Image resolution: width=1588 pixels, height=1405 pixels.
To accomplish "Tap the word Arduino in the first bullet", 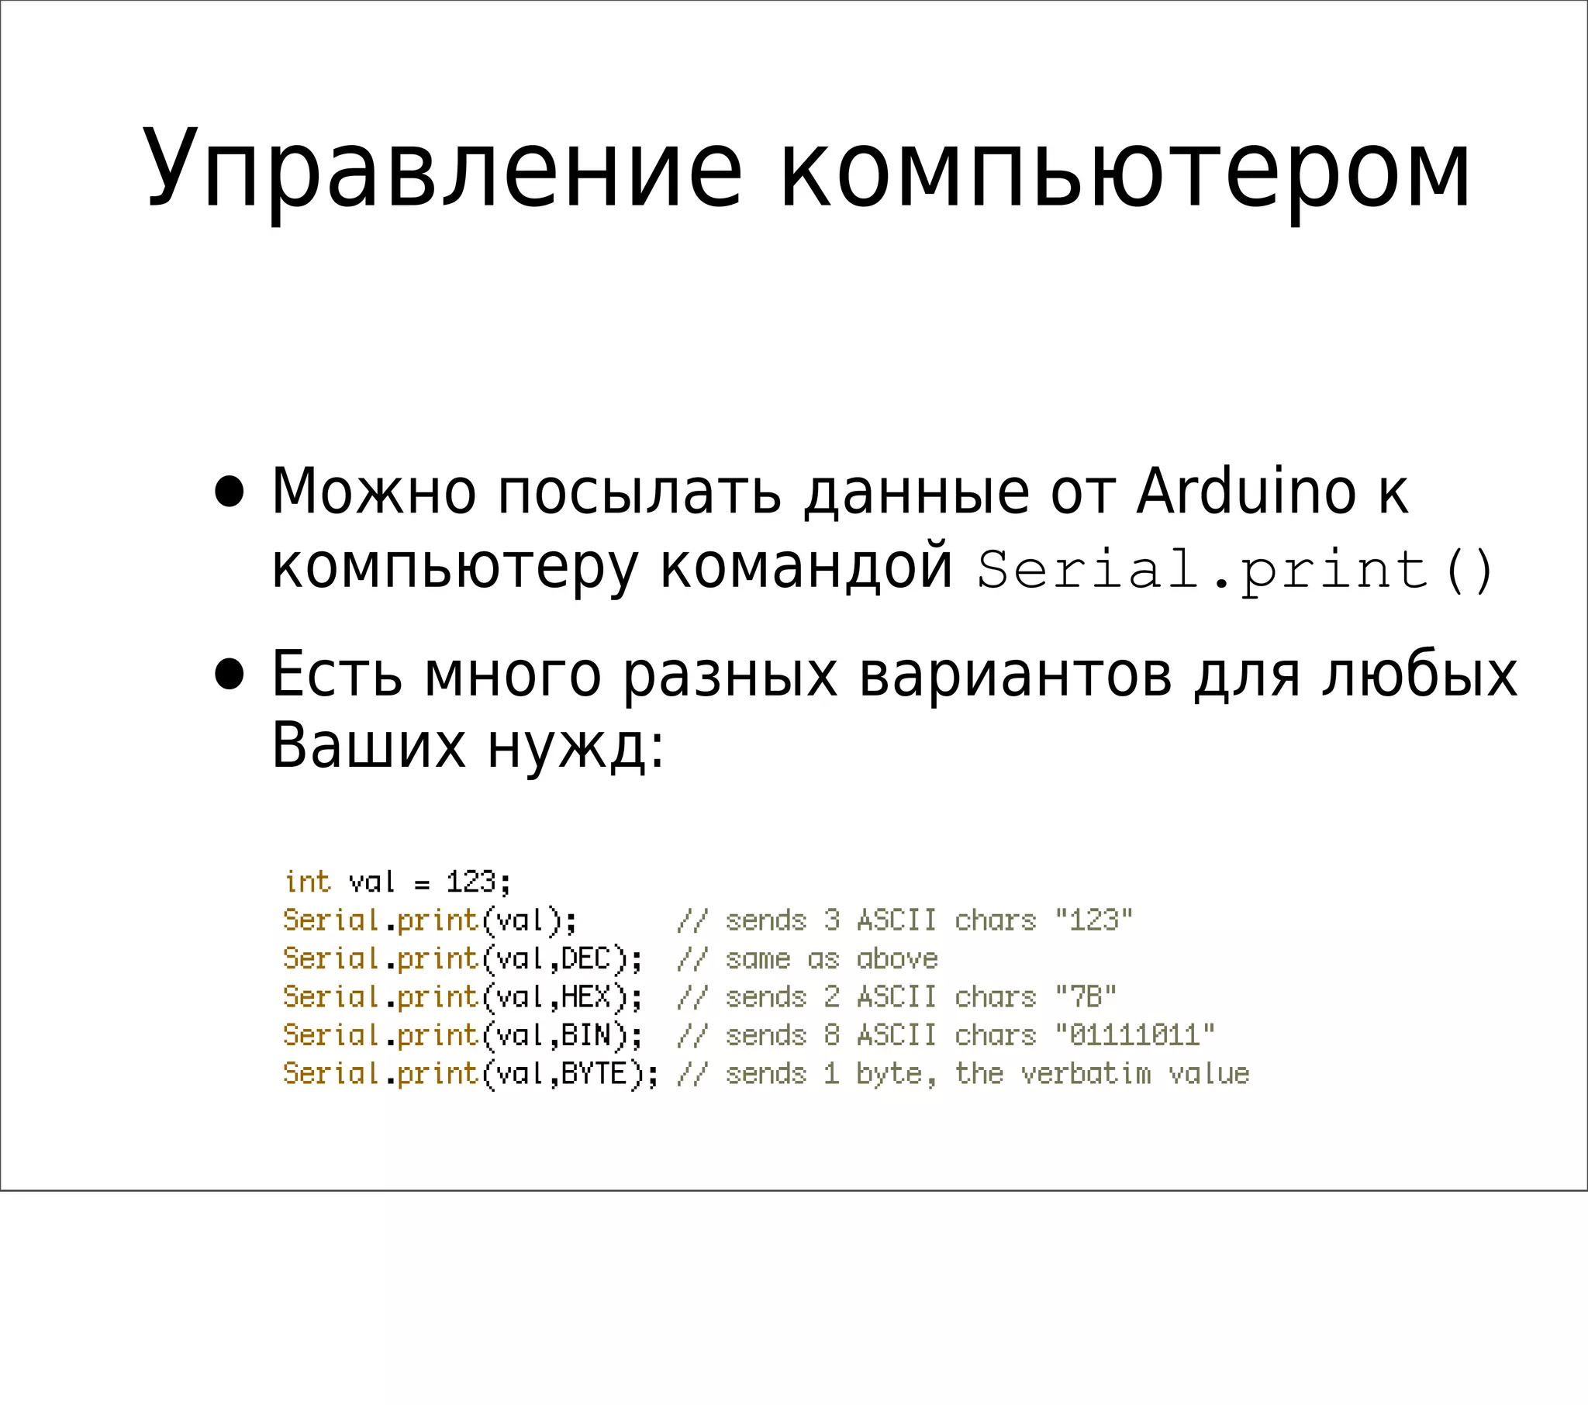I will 1246,491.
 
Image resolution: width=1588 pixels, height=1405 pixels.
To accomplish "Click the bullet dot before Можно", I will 230,492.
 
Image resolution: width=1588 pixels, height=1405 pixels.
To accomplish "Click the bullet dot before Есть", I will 230,675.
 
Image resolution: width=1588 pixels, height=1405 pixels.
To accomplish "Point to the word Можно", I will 373,491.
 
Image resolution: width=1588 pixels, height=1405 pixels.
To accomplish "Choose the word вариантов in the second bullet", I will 1016,675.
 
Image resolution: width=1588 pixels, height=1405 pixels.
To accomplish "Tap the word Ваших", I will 368,746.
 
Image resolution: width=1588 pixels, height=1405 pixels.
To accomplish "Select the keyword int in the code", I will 308,882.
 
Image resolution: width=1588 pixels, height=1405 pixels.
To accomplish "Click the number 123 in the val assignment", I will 470,882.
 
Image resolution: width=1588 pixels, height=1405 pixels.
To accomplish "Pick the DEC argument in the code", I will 585,959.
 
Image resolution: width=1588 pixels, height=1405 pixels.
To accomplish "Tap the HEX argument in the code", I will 585,997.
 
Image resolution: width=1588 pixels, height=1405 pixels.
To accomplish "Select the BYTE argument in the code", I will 594,1073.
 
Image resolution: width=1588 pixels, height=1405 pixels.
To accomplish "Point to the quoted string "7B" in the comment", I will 1086,997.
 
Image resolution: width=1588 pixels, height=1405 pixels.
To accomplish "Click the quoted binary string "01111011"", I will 1134,1035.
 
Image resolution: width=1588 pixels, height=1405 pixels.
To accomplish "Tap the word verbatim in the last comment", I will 1086,1073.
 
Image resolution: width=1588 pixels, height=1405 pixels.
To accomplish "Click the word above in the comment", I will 897,959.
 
